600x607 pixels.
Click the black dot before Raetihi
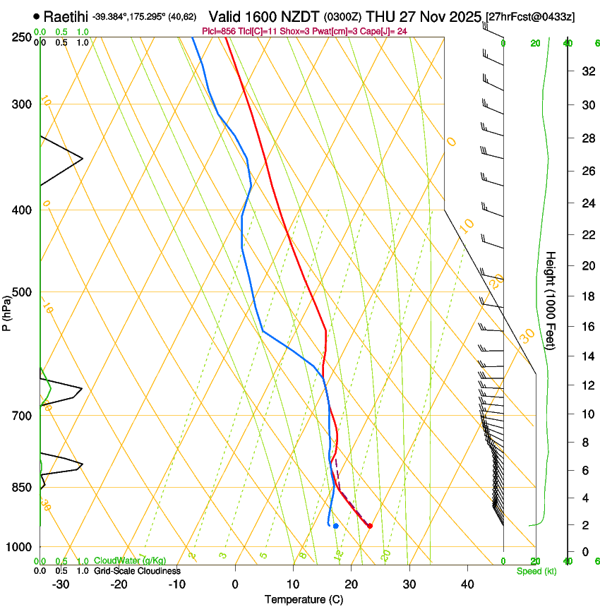(36, 16)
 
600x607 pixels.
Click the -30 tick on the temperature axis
(61, 584)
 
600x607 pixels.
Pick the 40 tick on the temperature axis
(467, 584)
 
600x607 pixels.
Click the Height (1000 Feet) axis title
(551, 300)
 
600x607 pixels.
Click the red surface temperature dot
(369, 525)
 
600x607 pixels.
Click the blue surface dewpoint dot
(335, 525)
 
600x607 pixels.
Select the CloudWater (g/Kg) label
(130, 561)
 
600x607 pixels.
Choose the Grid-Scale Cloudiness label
(137, 571)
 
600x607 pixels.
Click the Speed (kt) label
(536, 571)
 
